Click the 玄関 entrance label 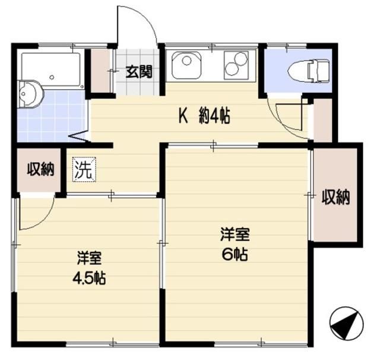pyautogui.click(x=140, y=72)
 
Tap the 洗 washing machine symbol pyautogui.click(x=83, y=170)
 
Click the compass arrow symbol pyautogui.click(x=345, y=324)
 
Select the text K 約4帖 pyautogui.click(x=204, y=117)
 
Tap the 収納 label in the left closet pyautogui.click(x=40, y=170)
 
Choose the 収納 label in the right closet pyautogui.click(x=335, y=197)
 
